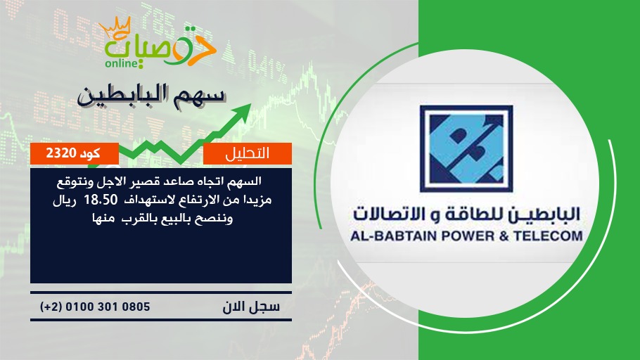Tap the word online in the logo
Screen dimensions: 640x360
coord(121,63)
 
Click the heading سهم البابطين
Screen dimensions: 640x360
coord(151,96)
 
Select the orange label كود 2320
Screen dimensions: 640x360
coord(74,153)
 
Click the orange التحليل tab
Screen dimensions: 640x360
coord(248,153)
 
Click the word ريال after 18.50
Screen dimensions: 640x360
coord(65,200)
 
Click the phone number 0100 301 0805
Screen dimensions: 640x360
coord(108,307)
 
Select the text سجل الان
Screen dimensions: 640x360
coord(251,307)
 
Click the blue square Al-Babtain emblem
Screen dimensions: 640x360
coord(466,148)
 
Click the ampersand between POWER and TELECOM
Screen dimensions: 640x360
coord(504,236)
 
